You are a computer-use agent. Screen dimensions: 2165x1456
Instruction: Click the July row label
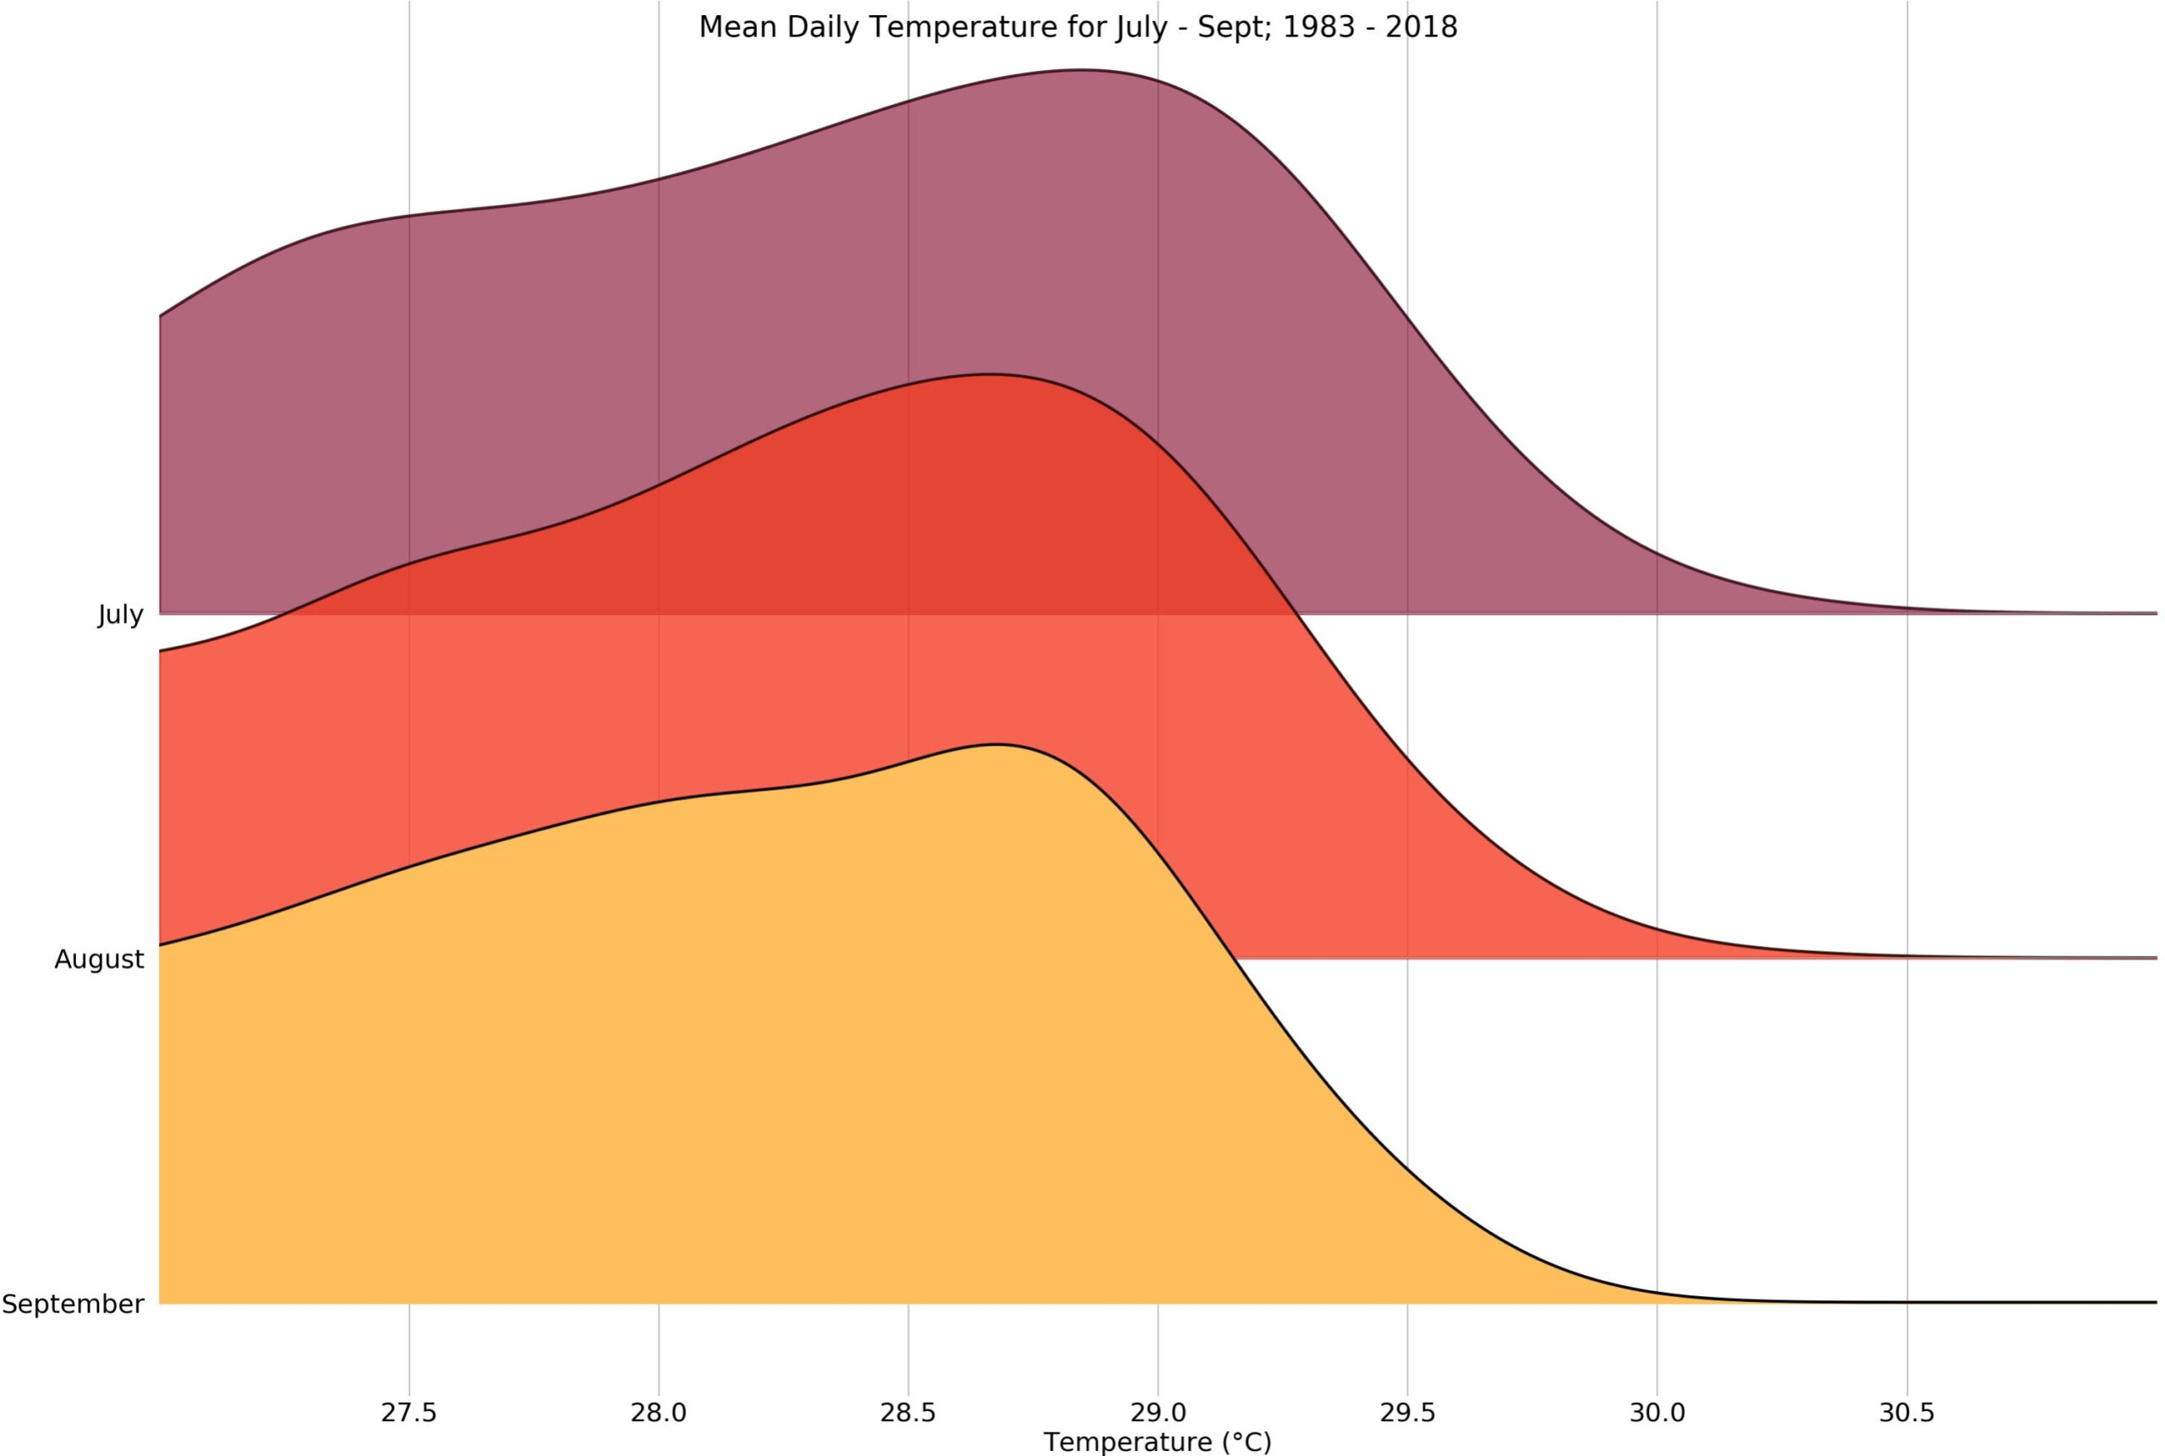[x=121, y=615]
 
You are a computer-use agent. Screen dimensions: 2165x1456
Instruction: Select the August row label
[x=100, y=959]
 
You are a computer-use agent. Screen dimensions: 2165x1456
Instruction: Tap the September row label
[x=74, y=1304]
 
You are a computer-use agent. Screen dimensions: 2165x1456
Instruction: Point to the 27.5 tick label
[x=408, y=1412]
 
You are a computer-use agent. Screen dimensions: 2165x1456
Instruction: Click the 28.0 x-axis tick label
[x=659, y=1412]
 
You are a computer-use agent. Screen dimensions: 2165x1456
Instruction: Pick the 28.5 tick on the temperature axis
[x=908, y=1412]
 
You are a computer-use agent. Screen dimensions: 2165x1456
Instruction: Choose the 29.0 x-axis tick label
[x=1159, y=1412]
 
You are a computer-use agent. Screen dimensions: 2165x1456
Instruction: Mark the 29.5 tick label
[x=1407, y=1412]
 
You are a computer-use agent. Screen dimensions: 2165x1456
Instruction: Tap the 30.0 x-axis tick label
[x=1657, y=1412]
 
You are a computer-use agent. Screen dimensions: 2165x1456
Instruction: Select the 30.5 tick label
[x=1907, y=1412]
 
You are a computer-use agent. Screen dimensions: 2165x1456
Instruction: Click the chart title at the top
[x=1078, y=28]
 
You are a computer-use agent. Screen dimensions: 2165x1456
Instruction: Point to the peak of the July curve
[x=1080, y=69]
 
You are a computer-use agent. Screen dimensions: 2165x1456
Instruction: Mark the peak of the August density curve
[x=991, y=375]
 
